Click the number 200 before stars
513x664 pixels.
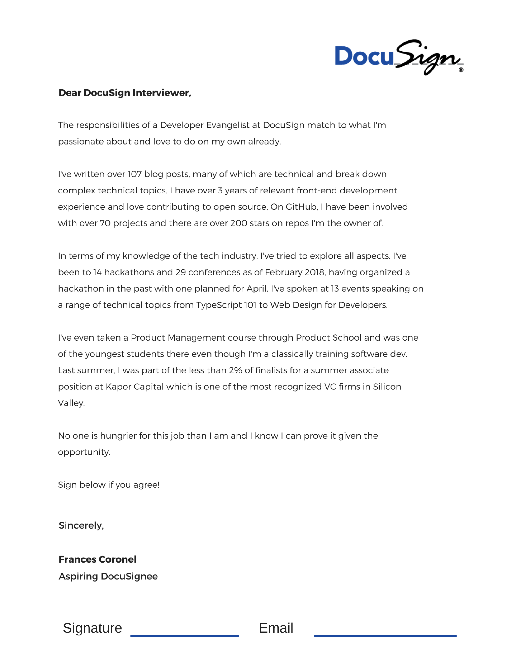239,224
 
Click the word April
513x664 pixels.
257,289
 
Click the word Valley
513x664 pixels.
71,403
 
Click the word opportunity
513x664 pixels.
84,452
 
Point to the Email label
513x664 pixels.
276,628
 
